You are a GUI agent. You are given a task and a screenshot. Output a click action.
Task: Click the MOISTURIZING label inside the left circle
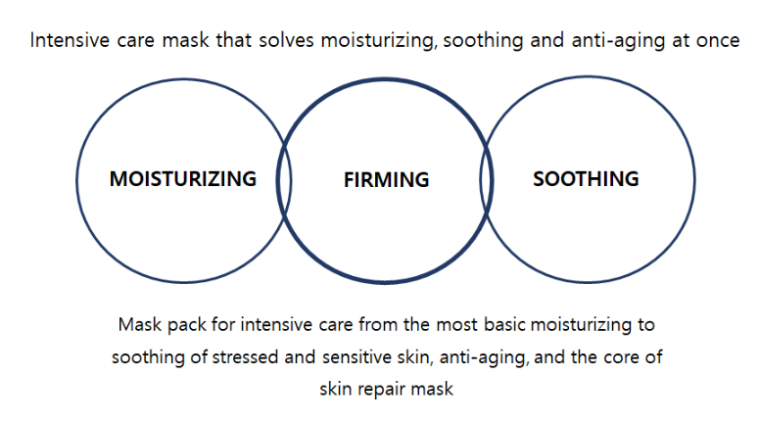[183, 178]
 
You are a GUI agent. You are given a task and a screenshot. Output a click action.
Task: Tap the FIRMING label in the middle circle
[386, 180]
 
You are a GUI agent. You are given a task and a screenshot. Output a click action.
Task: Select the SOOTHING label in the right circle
[586, 178]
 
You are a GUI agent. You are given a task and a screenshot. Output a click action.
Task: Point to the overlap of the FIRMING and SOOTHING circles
[487, 180]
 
